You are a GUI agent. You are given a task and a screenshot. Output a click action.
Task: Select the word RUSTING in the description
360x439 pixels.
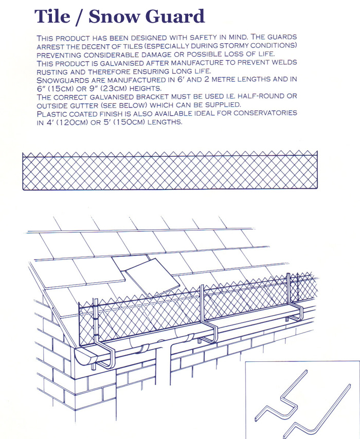tap(54, 71)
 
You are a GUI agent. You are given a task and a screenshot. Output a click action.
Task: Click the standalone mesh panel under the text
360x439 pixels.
tap(170, 171)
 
